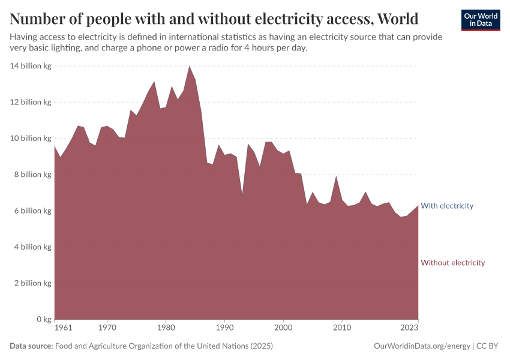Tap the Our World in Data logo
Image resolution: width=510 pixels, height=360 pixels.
480,20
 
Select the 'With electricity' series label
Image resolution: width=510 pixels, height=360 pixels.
447,206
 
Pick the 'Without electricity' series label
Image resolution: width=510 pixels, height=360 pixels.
452,263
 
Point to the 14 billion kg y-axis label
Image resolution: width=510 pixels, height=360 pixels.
31,66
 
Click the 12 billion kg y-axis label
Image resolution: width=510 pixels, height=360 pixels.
31,102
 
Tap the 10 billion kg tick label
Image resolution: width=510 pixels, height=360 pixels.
31,139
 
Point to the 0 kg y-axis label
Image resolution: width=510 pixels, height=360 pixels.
42,319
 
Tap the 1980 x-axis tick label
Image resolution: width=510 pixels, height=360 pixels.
166,328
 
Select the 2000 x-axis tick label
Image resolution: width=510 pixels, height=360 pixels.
283,328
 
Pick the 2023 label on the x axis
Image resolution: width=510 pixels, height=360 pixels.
410,328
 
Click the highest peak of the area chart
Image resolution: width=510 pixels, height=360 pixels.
190,66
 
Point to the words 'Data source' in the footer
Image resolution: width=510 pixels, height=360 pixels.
31,346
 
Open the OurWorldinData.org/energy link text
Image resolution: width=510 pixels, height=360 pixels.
422,346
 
